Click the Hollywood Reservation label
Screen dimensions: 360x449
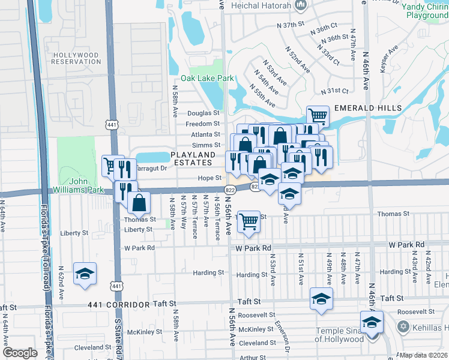(x=76, y=58)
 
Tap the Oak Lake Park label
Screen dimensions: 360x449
(x=207, y=79)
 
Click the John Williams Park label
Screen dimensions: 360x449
(x=82, y=184)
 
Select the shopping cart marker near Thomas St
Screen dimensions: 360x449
(x=249, y=221)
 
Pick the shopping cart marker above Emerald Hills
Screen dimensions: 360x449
(x=318, y=116)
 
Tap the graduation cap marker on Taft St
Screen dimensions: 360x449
(x=321, y=299)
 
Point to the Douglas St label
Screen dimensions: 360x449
(x=203, y=113)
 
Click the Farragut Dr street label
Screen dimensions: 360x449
(x=149, y=169)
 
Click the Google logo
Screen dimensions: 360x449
(x=20, y=352)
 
